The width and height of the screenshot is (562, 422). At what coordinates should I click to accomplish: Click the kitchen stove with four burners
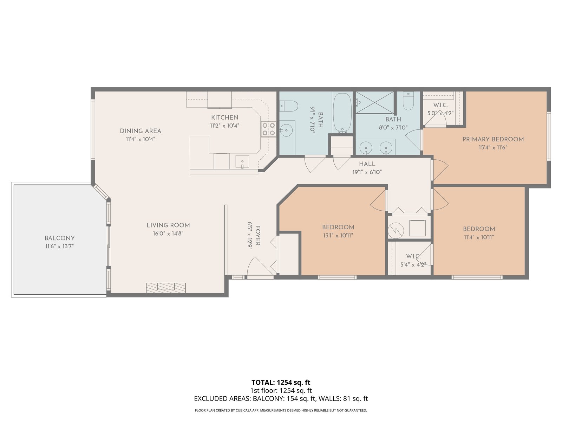269,129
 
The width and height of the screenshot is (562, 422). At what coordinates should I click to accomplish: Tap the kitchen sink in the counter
242,162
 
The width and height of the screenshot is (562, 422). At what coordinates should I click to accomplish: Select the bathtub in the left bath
342,113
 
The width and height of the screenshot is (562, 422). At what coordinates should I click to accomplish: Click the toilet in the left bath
289,106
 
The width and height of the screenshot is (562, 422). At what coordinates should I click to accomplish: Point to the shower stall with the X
374,102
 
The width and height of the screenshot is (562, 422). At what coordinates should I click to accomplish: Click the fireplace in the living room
166,288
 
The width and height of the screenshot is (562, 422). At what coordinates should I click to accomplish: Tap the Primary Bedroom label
493,139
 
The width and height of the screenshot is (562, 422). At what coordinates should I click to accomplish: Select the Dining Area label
140,131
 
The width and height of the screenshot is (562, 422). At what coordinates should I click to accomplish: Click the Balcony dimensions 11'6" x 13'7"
60,246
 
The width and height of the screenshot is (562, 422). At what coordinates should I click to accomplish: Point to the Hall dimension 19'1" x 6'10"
367,172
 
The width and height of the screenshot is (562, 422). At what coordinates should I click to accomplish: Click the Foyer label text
257,236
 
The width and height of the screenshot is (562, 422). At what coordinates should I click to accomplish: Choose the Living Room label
168,225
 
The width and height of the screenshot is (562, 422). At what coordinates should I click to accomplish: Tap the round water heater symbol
396,230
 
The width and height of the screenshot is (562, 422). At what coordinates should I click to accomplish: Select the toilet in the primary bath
408,101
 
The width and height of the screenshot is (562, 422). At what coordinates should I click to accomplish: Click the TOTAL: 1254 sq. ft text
281,383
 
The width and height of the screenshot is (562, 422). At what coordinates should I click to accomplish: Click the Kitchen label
224,117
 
